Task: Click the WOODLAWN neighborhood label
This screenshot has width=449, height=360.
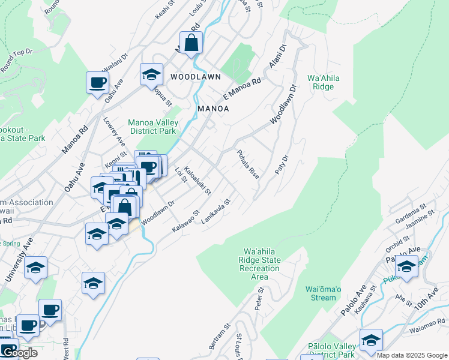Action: [195, 77]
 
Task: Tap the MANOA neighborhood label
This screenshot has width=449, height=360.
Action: [213, 109]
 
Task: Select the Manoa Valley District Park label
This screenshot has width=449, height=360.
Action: [152, 127]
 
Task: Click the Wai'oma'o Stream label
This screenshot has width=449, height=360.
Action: [320, 293]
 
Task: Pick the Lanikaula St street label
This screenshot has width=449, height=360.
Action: [216, 212]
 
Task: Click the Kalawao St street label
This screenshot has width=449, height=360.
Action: [185, 221]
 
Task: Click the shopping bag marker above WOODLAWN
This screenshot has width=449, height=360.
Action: [191, 43]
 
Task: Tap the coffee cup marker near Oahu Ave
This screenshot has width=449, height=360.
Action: [97, 83]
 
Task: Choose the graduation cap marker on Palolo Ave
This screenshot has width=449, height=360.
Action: [406, 266]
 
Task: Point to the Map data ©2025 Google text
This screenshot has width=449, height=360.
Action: [412, 355]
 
